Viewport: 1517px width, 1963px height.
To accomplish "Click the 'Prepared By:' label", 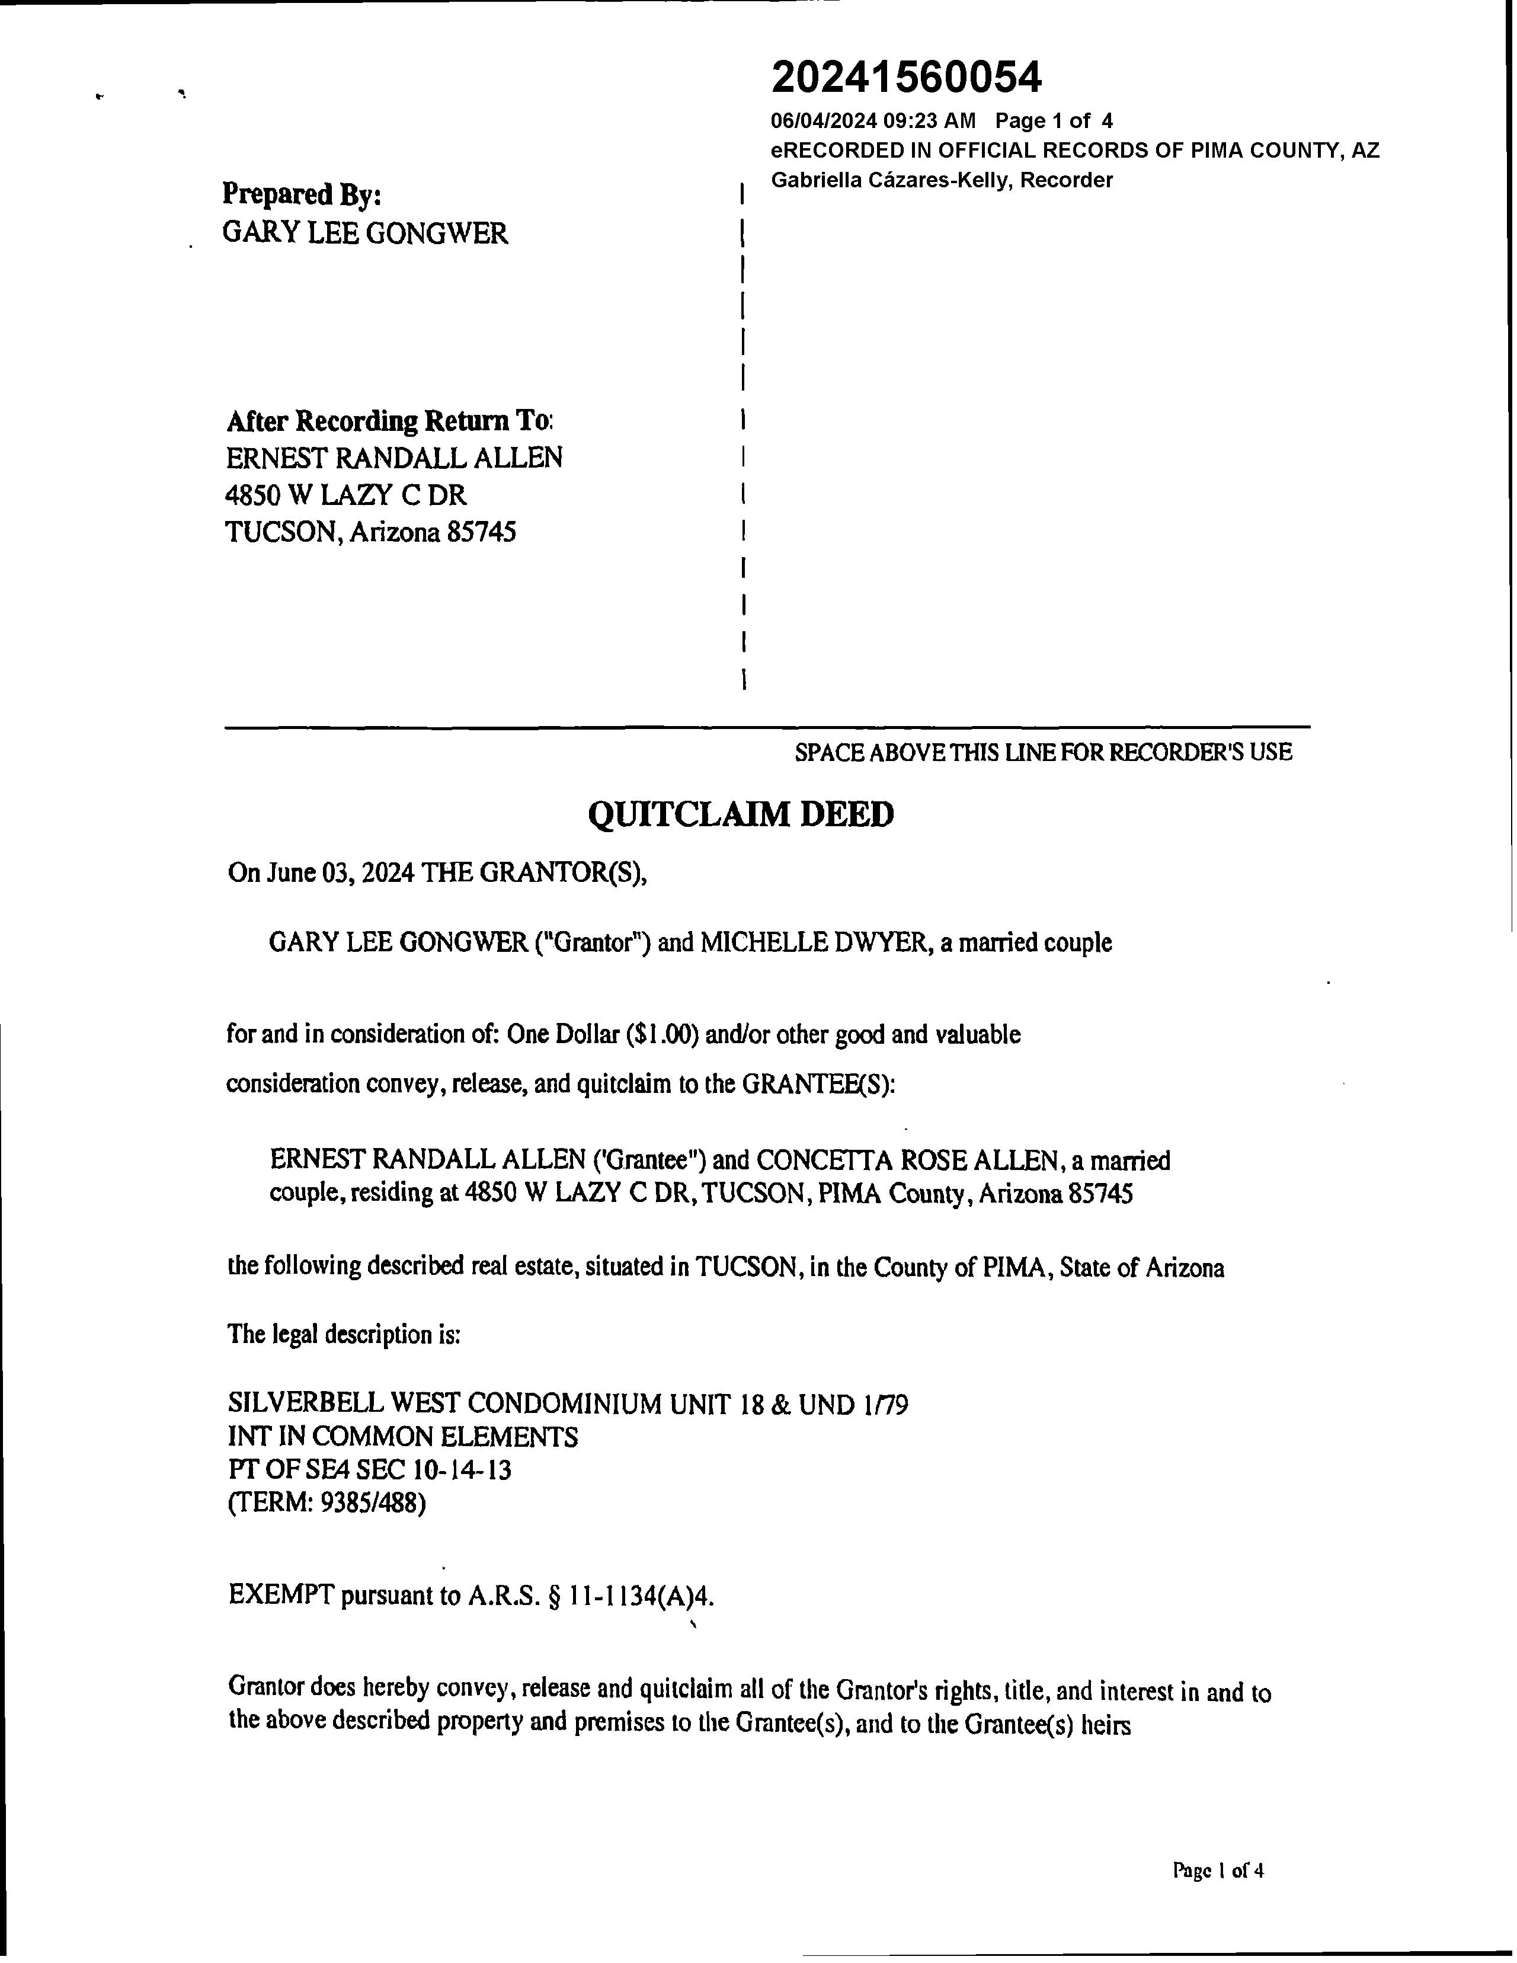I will click(x=302, y=194).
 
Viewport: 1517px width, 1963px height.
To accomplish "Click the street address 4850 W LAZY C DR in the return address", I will click(x=346, y=495).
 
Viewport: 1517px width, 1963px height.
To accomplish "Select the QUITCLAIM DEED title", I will click(x=741, y=814).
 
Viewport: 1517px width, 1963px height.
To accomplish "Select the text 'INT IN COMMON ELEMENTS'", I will click(x=402, y=1436).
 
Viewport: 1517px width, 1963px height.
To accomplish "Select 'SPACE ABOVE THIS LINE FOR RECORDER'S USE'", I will click(x=1042, y=752).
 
